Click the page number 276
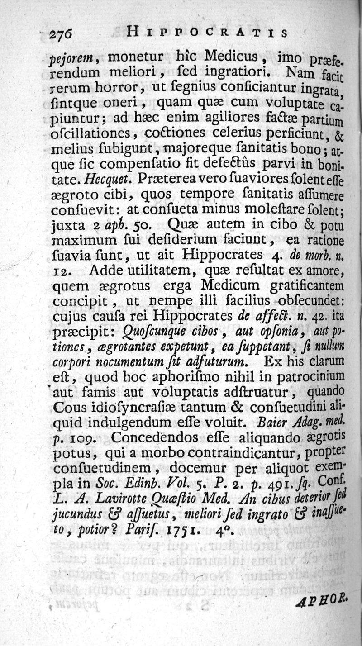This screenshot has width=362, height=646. tap(64, 33)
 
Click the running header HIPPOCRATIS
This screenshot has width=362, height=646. tap(208, 33)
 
